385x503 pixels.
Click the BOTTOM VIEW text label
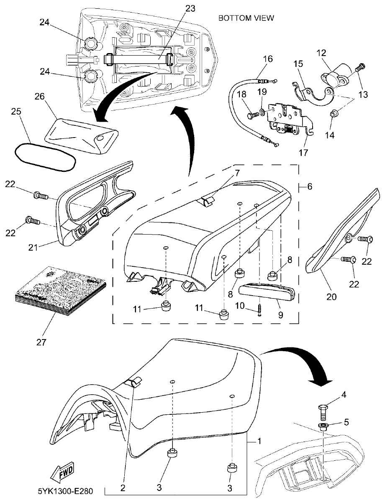246,18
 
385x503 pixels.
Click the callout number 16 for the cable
267,59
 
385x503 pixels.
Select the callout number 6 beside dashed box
309,187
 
